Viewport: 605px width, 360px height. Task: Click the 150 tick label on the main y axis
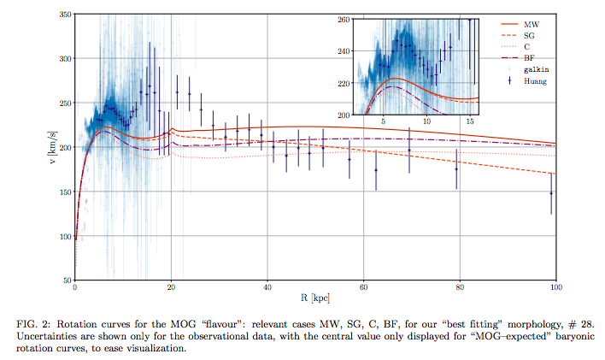64,192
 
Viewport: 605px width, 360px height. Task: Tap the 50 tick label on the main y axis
67,280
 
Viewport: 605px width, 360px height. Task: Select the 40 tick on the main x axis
267,288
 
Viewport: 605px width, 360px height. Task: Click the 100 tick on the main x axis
555,288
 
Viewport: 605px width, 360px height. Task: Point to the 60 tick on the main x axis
364,288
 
